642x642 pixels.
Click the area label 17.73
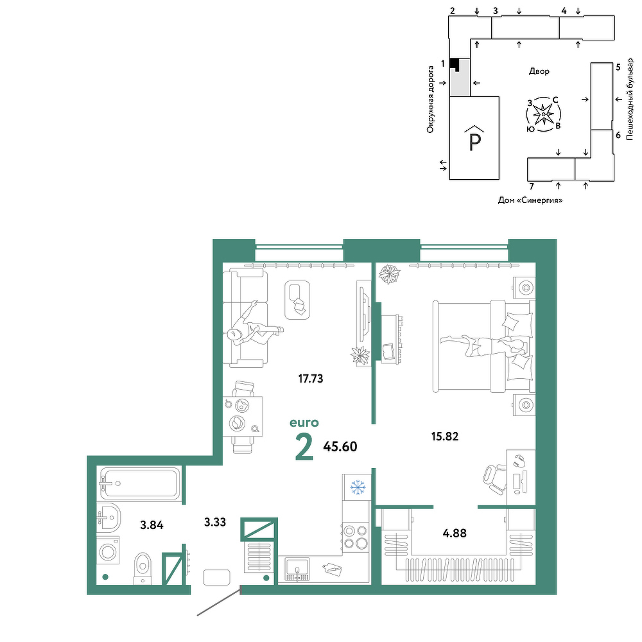click(x=311, y=379)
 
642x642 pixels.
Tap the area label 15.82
click(x=445, y=437)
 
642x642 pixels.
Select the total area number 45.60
click(x=340, y=446)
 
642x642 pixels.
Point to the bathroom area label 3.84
click(x=152, y=525)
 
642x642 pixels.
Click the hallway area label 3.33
click(x=215, y=522)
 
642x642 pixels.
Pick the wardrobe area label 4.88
click(x=455, y=533)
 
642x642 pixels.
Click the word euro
click(x=304, y=422)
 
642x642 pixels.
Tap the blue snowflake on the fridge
click(x=358, y=487)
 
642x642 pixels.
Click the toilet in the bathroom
click(x=143, y=568)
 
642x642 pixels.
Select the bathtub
click(x=140, y=483)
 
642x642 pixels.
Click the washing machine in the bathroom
click(x=108, y=550)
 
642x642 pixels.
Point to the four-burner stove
click(x=356, y=537)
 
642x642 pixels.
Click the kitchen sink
click(x=298, y=569)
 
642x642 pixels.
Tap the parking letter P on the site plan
click(x=474, y=142)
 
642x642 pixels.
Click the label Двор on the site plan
click(x=539, y=71)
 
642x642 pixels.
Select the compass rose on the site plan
click(x=543, y=114)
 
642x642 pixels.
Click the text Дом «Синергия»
click(x=530, y=200)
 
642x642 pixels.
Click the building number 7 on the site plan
click(x=532, y=187)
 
